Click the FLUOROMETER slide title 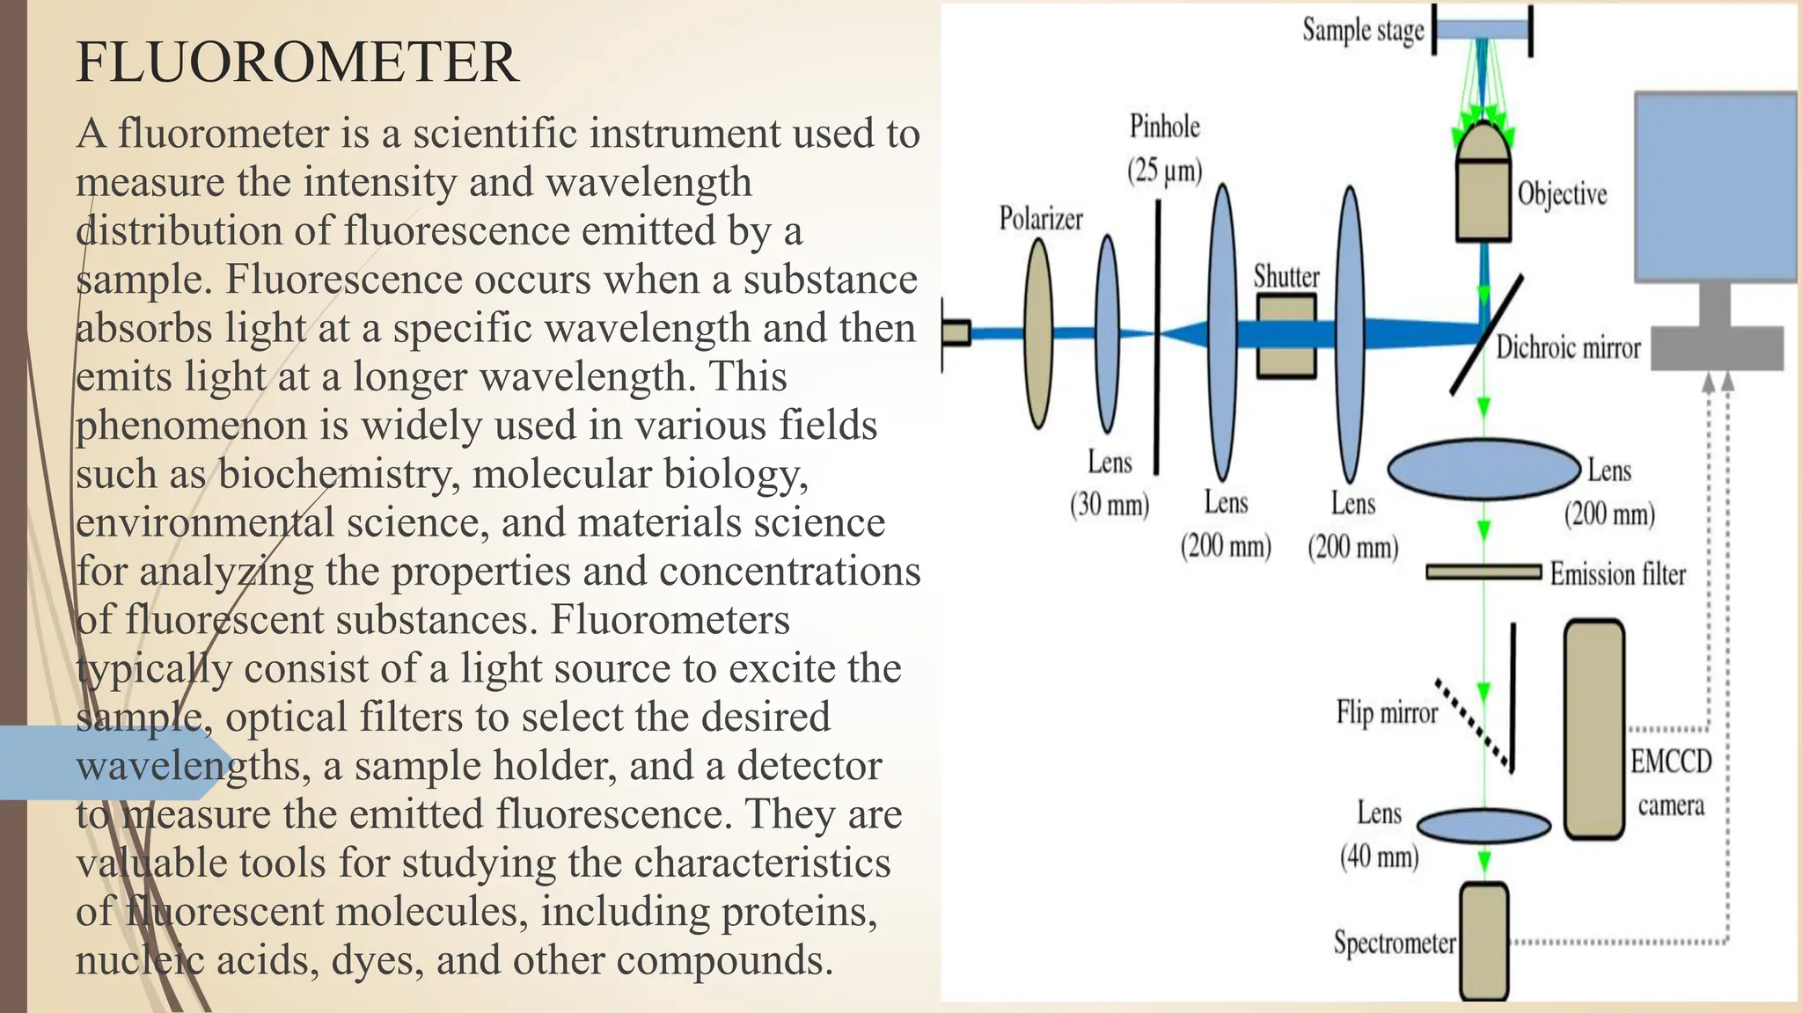point(297,62)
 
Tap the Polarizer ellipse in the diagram point(1039,334)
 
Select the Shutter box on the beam point(1286,336)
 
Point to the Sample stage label point(1363,31)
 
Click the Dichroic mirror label point(1568,348)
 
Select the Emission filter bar point(1483,572)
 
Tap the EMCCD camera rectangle point(1593,729)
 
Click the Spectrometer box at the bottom point(1484,940)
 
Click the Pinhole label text point(1164,128)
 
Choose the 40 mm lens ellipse point(1483,827)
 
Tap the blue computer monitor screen point(1715,186)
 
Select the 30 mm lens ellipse point(1108,334)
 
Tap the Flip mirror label point(1386,712)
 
